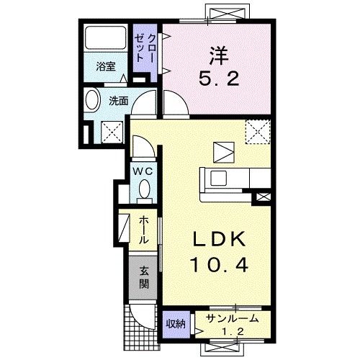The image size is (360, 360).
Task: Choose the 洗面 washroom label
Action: (x=119, y=102)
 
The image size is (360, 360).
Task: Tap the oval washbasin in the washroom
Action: (x=93, y=101)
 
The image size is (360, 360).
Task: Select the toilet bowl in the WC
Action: (x=144, y=190)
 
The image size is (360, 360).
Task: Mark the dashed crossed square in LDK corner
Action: (x=257, y=132)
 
